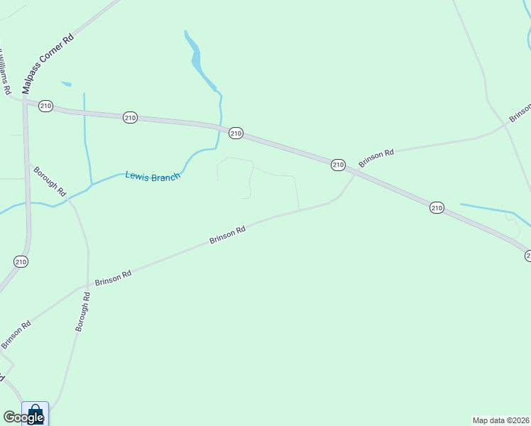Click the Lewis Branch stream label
click(153, 176)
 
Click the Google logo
click(23, 417)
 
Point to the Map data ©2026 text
click(501, 420)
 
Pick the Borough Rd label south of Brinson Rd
click(84, 312)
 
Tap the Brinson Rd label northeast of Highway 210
click(376, 158)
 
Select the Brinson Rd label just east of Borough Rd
click(113, 278)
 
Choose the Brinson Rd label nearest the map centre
click(227, 235)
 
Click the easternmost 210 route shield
click(436, 207)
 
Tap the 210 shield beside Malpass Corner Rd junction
click(46, 106)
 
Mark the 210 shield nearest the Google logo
click(21, 262)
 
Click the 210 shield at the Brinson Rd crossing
click(338, 165)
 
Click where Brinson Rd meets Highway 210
click(354, 175)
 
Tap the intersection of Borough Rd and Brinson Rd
click(87, 287)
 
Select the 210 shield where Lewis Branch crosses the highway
click(236, 133)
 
